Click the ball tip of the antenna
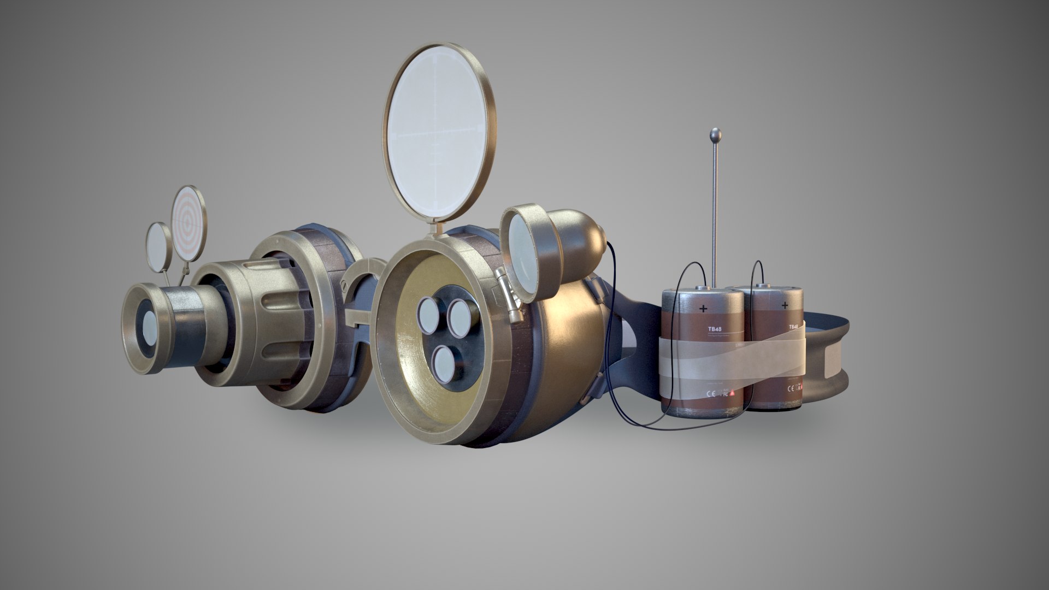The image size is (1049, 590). pyautogui.click(x=715, y=133)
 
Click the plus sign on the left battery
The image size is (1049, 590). pyautogui.click(x=703, y=309)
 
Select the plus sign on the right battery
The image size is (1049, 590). pyautogui.click(x=785, y=305)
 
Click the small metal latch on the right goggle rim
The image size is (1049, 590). pyautogui.click(x=508, y=298)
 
